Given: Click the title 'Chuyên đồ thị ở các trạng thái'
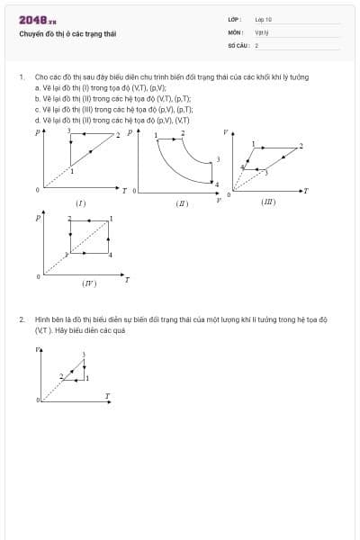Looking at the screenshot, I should coord(67,35).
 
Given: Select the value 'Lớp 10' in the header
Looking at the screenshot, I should coord(263,19).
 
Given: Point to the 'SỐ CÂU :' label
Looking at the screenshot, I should coord(237,45).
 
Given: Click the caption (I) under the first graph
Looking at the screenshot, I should coord(80,203).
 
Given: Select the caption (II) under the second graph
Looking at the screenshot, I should coord(183,204).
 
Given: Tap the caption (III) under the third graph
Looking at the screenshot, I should coord(267,203).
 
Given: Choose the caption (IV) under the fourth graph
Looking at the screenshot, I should coord(88,284).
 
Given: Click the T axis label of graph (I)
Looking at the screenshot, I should coord(124,191).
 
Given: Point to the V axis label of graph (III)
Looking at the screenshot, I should coord(226,131).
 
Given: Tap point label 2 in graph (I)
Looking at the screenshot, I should coord(117,135).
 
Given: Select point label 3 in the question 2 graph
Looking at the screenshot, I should coord(84,355).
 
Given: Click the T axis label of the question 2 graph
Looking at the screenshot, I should coord(107,395).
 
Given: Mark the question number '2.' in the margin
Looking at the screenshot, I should coord(22,319).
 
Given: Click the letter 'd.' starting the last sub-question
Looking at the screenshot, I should coord(37,119).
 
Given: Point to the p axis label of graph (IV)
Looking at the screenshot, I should coord(38,217).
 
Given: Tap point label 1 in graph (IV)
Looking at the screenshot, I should coord(111,220).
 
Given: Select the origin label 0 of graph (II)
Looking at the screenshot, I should coord(134,192).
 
